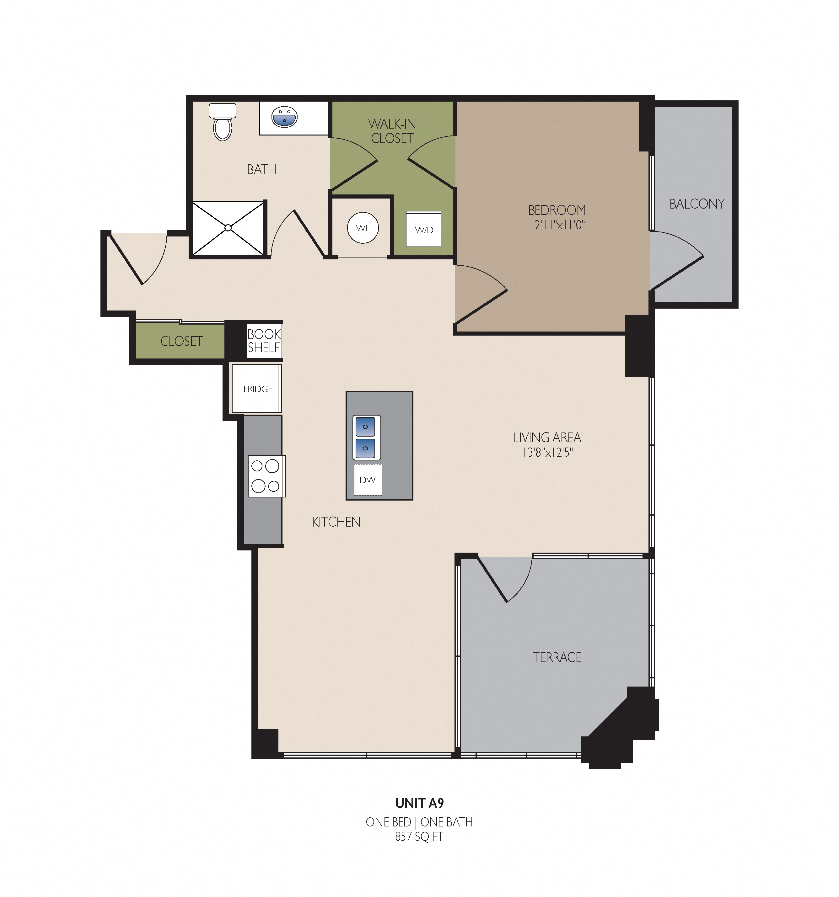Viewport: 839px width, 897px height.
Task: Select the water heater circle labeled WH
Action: tap(363, 228)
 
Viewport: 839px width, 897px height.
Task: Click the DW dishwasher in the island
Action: tap(368, 479)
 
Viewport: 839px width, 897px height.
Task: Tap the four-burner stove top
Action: tap(266, 476)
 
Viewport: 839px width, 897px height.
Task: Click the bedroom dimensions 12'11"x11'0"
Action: tap(558, 225)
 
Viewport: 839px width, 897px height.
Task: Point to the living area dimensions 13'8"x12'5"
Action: tap(548, 452)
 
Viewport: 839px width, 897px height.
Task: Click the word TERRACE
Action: tap(557, 657)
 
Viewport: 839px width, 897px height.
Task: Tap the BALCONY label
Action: tap(697, 204)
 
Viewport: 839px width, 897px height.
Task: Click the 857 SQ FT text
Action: tap(419, 836)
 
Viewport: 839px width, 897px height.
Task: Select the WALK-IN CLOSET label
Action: tap(392, 131)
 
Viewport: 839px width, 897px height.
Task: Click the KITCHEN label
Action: tap(336, 522)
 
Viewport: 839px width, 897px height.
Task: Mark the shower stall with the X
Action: tap(228, 228)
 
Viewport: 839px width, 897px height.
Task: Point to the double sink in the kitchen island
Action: tap(366, 437)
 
